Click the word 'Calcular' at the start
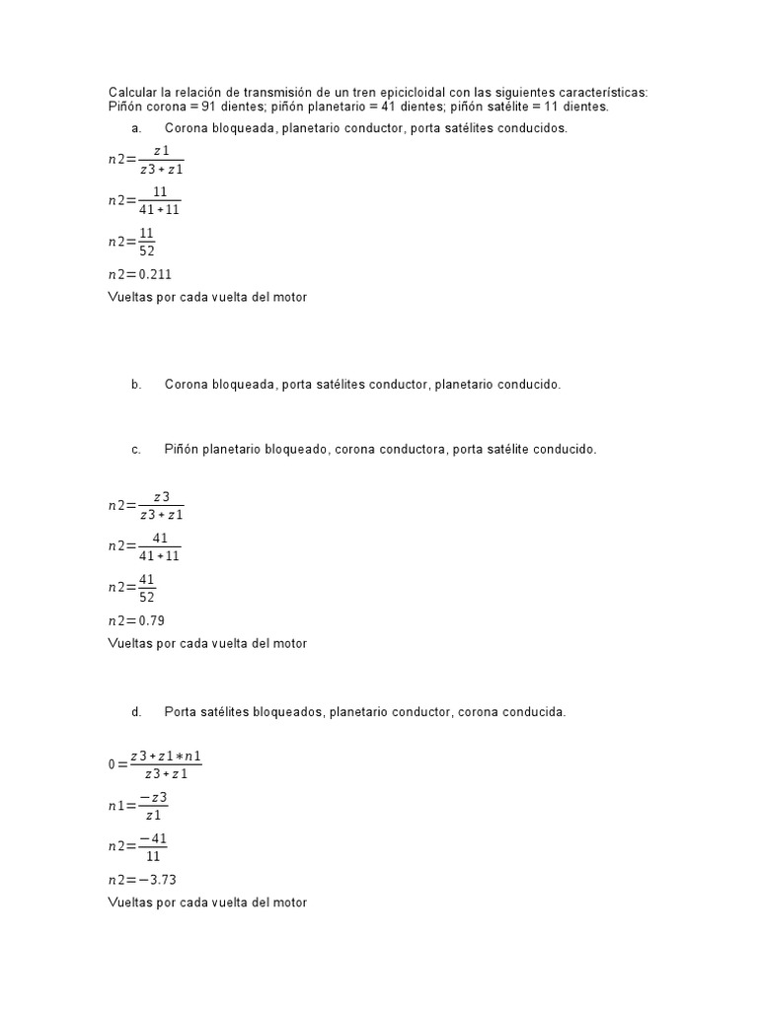[x=131, y=93]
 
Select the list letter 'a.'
[x=136, y=128]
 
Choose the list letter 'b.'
[x=136, y=385]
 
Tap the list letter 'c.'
[x=136, y=449]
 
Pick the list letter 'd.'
[x=136, y=711]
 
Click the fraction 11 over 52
[x=147, y=242]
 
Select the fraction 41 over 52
[x=147, y=588]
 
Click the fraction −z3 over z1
[x=152, y=806]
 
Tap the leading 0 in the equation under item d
[x=112, y=764]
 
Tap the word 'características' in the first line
[x=605, y=93]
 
